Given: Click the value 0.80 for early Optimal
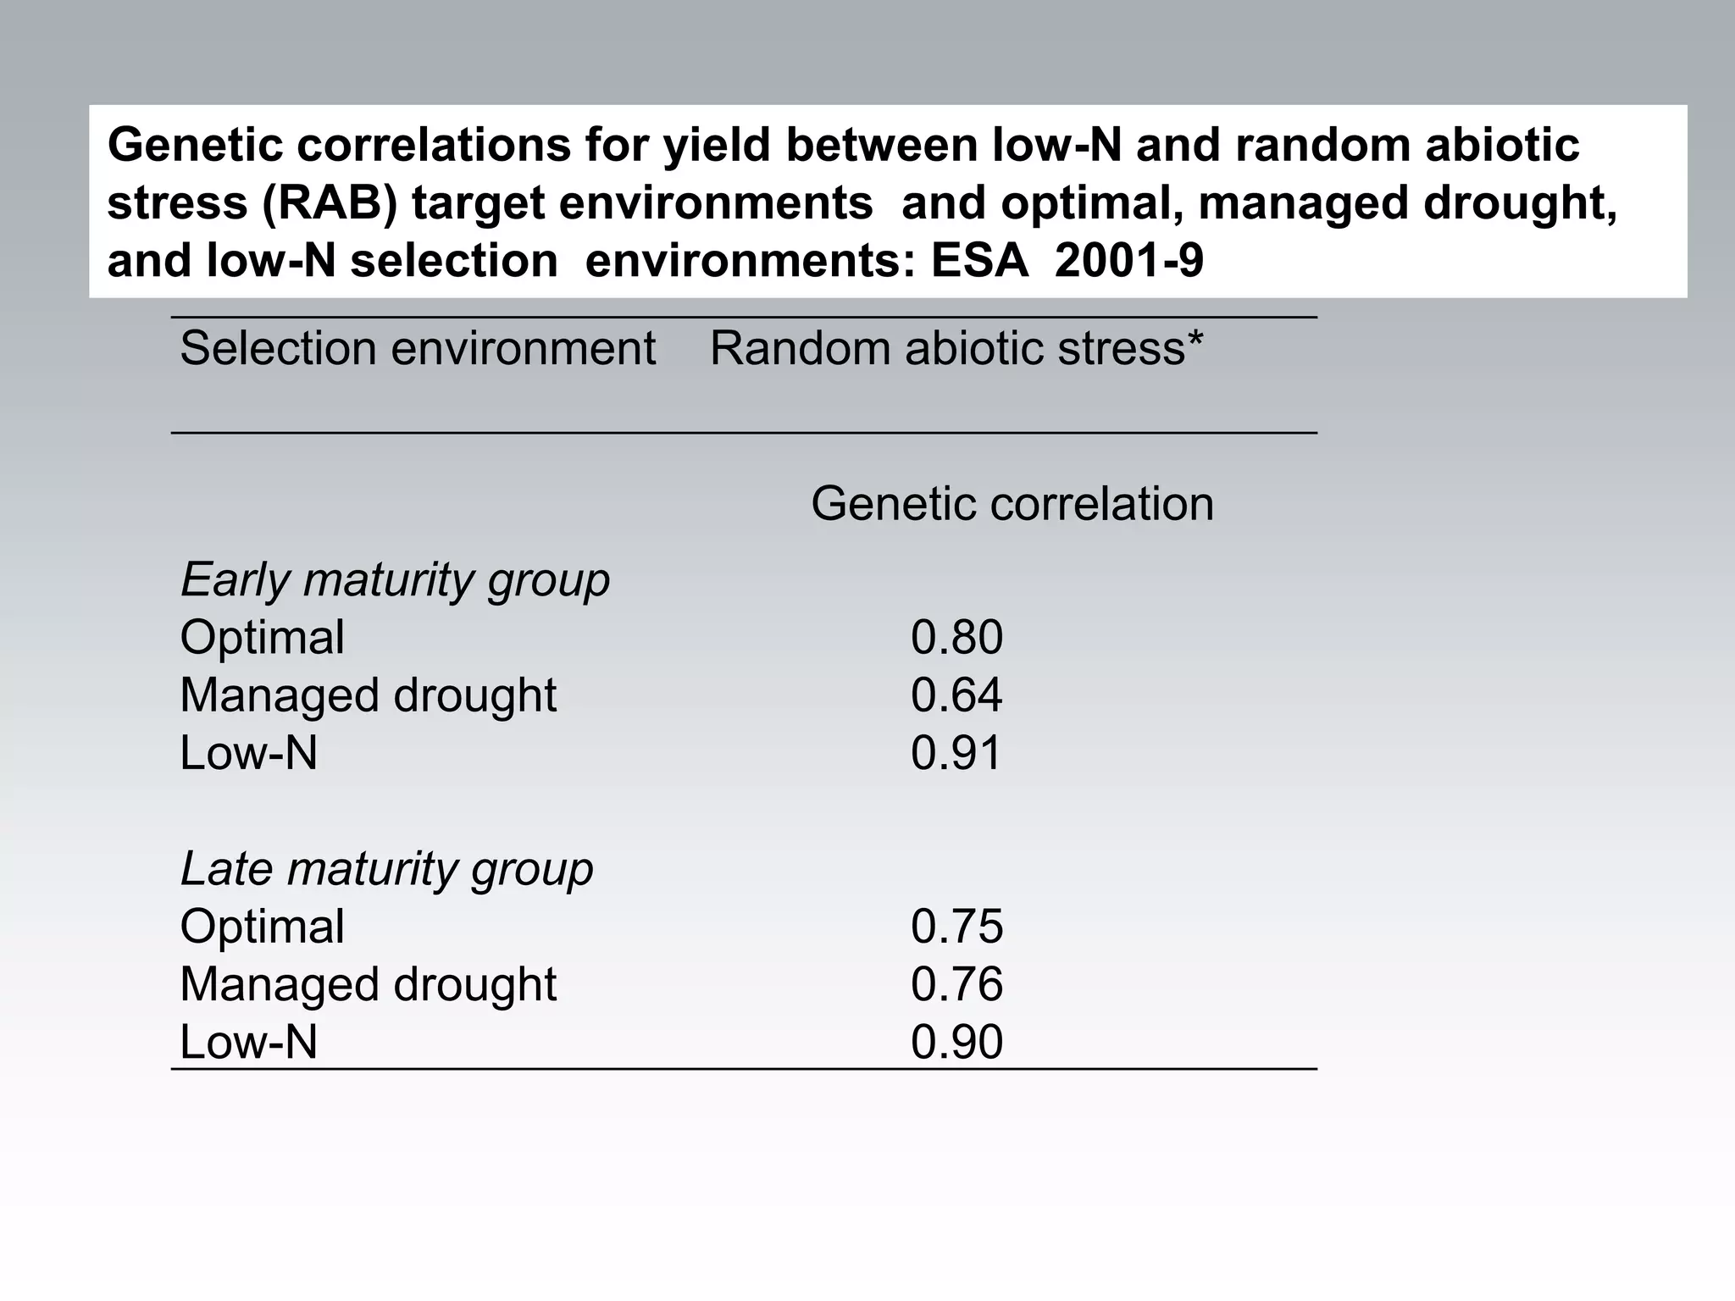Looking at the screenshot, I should coord(956,638).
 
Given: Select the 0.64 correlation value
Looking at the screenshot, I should coord(956,695).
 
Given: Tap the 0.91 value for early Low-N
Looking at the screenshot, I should coord(956,753).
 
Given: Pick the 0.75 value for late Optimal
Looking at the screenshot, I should coord(956,927).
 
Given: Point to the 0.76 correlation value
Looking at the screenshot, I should coord(956,984).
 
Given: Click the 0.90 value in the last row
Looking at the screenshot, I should coord(956,1042).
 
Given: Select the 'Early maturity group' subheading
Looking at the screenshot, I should coord(395,580).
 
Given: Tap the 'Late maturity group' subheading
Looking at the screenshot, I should coord(386,869).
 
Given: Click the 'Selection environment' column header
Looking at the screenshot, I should coord(418,348).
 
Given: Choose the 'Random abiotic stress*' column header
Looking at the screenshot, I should coord(956,348).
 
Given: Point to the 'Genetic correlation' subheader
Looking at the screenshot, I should coord(1012,504).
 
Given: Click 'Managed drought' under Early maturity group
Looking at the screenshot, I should coord(368,695).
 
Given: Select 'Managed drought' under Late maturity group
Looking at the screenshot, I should coord(368,984).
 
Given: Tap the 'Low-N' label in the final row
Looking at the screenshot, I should coord(248,1042).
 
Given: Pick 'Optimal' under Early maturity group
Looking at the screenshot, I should coord(262,638).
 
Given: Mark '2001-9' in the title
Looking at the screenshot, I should coord(1129,261).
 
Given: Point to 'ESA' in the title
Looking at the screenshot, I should coord(979,261).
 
